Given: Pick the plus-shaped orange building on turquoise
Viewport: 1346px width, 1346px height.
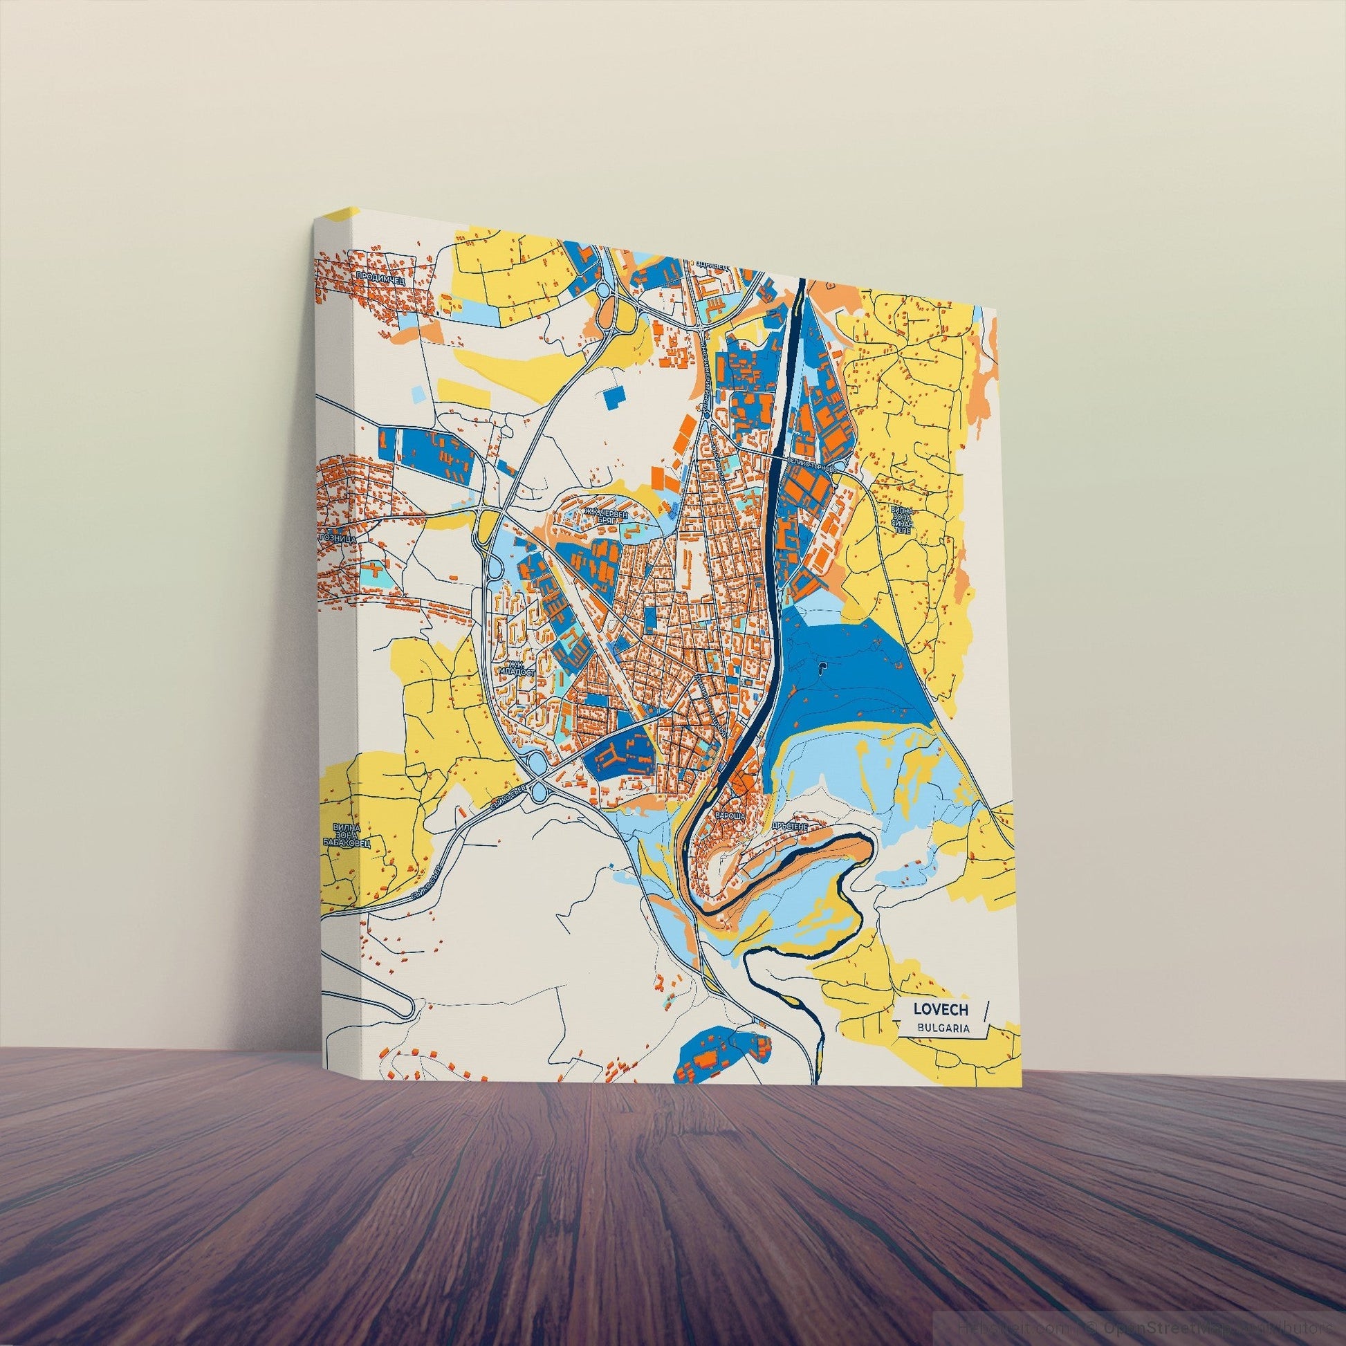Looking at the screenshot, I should tap(374, 572).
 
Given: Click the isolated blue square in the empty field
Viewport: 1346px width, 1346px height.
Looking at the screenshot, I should tap(614, 397).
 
